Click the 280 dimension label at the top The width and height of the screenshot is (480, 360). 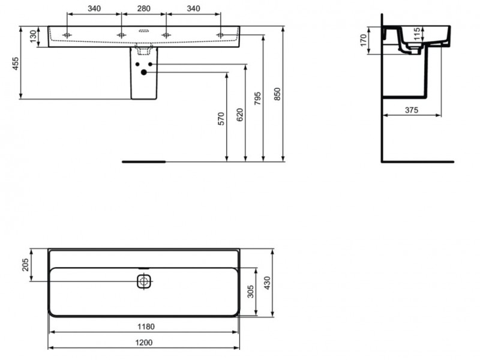pos(142,8)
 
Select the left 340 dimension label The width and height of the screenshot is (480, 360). pos(94,8)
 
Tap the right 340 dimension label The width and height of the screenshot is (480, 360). pos(193,8)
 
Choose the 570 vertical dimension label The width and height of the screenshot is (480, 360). pos(221,118)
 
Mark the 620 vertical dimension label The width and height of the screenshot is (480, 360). pos(240,115)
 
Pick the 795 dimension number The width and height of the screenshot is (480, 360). pos(258,97)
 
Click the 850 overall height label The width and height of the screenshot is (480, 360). pos(277,94)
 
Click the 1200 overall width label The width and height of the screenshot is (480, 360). pos(144,342)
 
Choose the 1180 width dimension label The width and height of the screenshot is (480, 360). pos(144,327)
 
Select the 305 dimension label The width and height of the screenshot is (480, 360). pos(250,292)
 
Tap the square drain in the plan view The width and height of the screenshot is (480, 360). pos(144,281)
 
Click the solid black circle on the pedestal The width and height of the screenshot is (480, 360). pos(143,73)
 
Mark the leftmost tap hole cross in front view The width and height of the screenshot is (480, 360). pos(67,35)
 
